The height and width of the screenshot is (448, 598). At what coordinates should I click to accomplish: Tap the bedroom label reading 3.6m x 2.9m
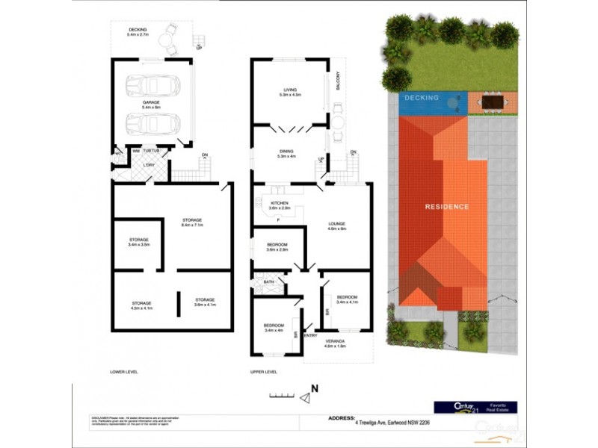click(277, 246)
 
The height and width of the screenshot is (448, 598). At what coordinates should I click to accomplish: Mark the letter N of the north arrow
click(315, 388)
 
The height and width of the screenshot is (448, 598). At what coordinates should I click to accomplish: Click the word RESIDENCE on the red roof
click(447, 207)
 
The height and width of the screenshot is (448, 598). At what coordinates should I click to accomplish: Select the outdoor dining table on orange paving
click(492, 101)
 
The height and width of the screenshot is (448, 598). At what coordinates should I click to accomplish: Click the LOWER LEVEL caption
click(124, 371)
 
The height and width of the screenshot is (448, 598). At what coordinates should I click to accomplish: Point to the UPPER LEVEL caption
click(264, 371)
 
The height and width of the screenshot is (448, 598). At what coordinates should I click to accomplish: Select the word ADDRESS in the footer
click(342, 419)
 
